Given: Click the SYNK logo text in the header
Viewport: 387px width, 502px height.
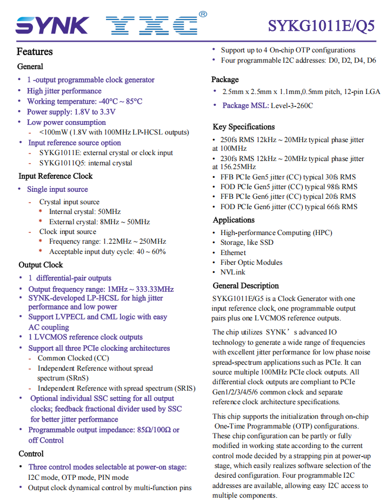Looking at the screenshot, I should pos(52,25).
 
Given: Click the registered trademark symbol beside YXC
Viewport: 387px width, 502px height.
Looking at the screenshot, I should pos(203,15).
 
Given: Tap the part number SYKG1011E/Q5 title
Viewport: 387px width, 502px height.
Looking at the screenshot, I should pos(321,26).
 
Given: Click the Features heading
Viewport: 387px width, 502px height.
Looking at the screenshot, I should pos(35,52).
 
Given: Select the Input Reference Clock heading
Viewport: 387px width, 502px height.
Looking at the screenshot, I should pos(56,176).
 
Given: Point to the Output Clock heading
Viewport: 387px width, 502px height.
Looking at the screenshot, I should pos(41,265).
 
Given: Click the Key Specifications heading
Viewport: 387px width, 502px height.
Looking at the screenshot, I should pos(244,127).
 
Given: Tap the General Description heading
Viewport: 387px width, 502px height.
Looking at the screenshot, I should pos(246,286).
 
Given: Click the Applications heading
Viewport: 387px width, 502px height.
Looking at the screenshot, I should pos(233,220).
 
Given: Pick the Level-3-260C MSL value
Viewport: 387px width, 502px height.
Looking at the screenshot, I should pos(292,105).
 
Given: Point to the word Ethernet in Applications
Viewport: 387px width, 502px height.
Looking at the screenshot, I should pos(233,252).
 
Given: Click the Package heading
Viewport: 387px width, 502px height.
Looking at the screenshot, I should pos(225,79).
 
